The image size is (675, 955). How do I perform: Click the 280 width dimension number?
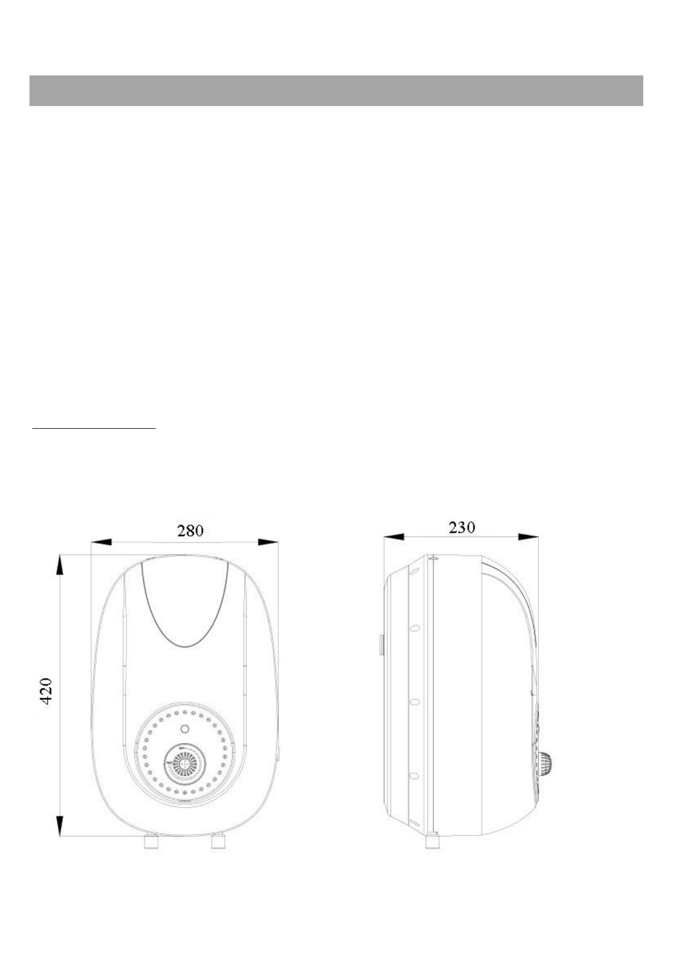190,530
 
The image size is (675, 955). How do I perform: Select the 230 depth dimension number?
462,528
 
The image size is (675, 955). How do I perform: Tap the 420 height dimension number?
46,691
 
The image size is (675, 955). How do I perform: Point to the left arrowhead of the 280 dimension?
101,542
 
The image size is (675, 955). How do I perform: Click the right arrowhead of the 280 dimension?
268,542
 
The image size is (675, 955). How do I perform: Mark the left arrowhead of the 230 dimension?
394,536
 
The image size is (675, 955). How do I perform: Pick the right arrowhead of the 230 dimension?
528,536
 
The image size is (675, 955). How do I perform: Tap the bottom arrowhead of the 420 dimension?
60,826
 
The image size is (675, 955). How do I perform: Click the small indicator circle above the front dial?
185,729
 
